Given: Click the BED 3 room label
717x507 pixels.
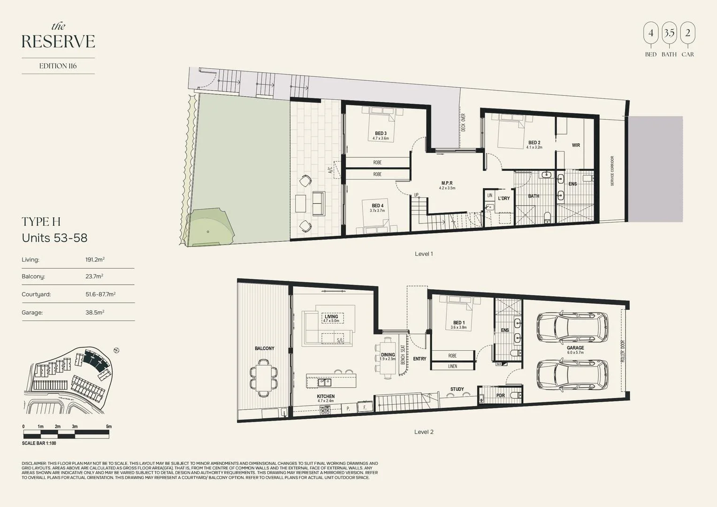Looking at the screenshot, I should pyautogui.click(x=381, y=134).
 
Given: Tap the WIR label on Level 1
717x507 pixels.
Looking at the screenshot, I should pyautogui.click(x=576, y=146).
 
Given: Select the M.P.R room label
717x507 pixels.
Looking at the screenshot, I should pyautogui.click(x=447, y=184).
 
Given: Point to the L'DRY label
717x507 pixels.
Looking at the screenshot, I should pyautogui.click(x=503, y=199).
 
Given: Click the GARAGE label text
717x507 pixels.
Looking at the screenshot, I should pyautogui.click(x=575, y=348).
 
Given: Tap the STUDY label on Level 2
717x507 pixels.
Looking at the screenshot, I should pyautogui.click(x=457, y=389).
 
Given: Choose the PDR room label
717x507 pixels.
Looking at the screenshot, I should pyautogui.click(x=500, y=396).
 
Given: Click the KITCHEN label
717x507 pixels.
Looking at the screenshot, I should pyautogui.click(x=326, y=397).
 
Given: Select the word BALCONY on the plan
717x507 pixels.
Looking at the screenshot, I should pyautogui.click(x=265, y=348).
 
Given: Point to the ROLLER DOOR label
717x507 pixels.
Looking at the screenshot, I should pyautogui.click(x=623, y=351).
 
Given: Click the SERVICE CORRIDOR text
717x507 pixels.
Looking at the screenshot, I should pyautogui.click(x=612, y=171).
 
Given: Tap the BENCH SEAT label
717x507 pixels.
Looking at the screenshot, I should pyautogui.click(x=403, y=355).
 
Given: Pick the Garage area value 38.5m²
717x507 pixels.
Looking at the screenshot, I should pyautogui.click(x=95, y=312).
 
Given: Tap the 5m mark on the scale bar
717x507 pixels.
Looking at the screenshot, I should pyautogui.click(x=109, y=427).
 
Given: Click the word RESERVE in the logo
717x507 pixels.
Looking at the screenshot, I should pyautogui.click(x=58, y=41).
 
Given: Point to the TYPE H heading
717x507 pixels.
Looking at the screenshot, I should pyautogui.click(x=41, y=222).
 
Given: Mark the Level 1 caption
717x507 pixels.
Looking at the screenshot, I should pyautogui.click(x=424, y=254).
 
